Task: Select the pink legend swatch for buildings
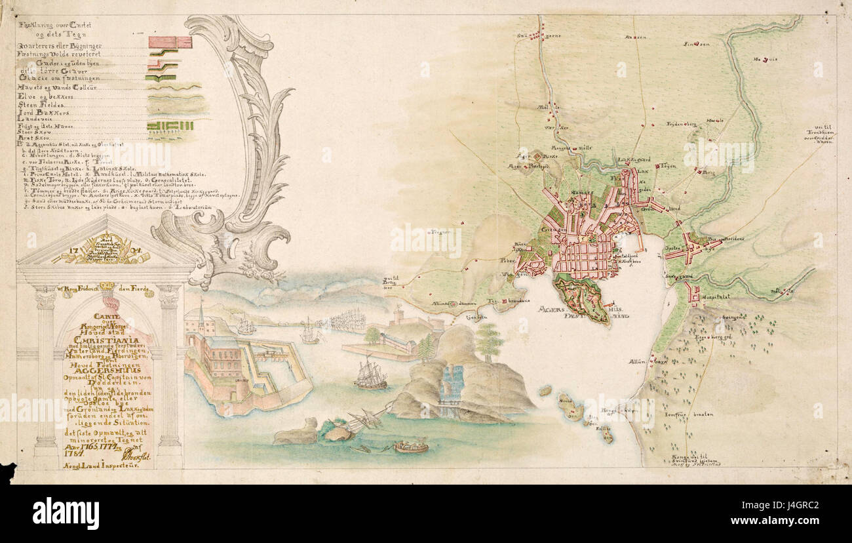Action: click(170, 43)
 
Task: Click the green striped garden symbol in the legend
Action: click(170, 125)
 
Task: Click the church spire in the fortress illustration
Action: click(201, 313)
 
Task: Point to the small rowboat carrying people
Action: click(411, 447)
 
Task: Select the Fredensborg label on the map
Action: click(682, 123)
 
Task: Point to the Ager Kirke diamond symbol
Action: click(538, 157)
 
